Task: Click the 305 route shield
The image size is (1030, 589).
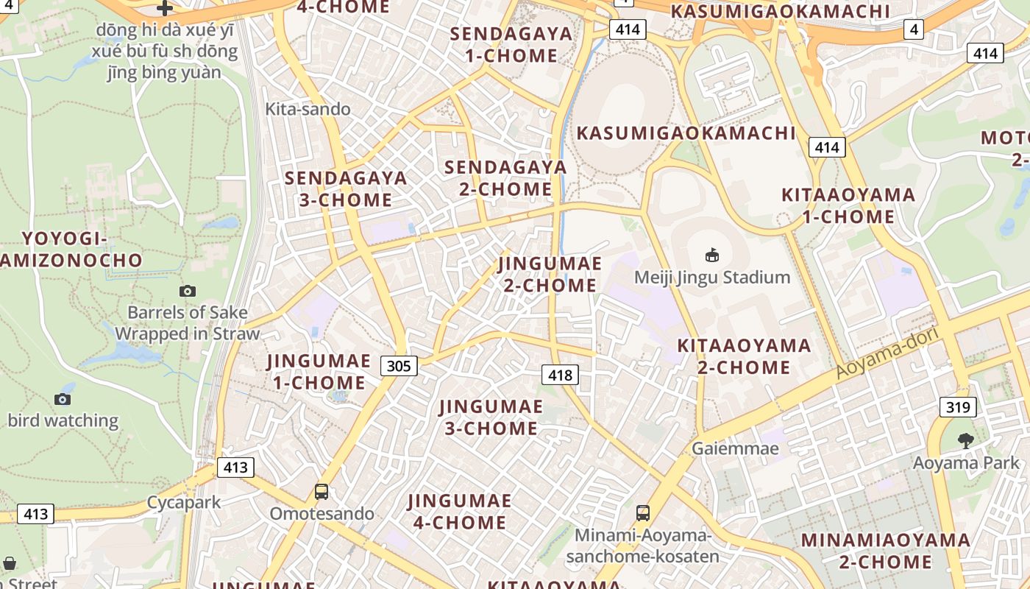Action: click(399, 365)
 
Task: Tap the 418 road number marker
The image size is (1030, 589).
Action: click(560, 375)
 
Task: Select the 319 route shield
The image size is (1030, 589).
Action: click(957, 407)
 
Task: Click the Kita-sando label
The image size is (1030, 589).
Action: click(308, 109)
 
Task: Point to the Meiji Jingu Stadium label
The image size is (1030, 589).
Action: click(712, 278)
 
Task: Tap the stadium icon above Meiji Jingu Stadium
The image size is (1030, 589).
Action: click(711, 255)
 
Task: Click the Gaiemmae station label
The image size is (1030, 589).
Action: click(735, 448)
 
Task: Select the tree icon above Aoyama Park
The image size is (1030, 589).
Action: click(966, 441)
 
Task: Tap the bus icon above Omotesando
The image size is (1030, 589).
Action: click(322, 492)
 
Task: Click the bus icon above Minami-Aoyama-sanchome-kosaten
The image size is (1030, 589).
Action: click(643, 513)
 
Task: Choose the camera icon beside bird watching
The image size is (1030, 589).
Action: click(63, 399)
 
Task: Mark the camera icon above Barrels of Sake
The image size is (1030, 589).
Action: click(188, 291)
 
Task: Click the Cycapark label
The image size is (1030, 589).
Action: click(184, 503)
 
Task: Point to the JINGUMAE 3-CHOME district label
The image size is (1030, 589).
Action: click(491, 417)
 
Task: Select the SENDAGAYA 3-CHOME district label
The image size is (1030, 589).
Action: click(346, 188)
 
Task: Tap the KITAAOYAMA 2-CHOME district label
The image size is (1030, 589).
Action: click(744, 356)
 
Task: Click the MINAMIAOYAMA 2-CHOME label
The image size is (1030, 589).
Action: click(886, 551)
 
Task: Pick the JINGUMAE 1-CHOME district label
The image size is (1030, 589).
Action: click(319, 372)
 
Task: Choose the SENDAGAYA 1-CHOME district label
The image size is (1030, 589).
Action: click(511, 45)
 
